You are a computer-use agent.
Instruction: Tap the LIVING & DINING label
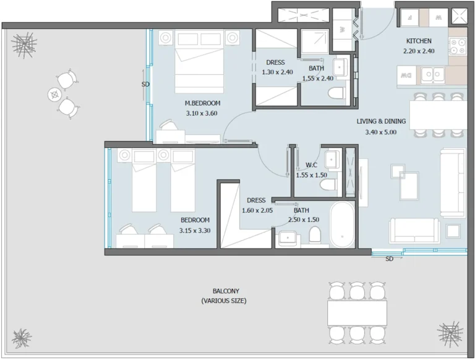pyautogui.click(x=381, y=122)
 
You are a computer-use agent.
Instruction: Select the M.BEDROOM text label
pyautogui.click(x=202, y=103)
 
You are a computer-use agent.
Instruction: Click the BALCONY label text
pyautogui.click(x=226, y=291)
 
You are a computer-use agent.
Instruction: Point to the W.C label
pyautogui.click(x=312, y=165)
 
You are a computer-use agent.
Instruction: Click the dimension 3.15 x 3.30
pyautogui.click(x=195, y=230)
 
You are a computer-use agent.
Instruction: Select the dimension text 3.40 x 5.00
pyautogui.click(x=381, y=132)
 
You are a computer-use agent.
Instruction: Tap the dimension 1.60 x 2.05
pyautogui.click(x=256, y=210)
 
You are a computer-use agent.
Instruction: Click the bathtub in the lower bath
pyautogui.click(x=342, y=225)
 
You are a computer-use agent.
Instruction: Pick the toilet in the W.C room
pyautogui.click(x=328, y=184)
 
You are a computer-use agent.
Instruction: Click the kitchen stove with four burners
pyautogui.click(x=458, y=46)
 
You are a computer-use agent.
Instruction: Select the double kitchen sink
pyautogui.click(x=432, y=75)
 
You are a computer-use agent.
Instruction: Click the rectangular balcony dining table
pyautogui.click(x=357, y=312)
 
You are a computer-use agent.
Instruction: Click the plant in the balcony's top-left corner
pyautogui.click(x=24, y=45)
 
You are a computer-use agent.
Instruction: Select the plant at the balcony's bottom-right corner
pyautogui.click(x=450, y=333)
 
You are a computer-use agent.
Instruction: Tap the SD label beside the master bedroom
pyautogui.click(x=145, y=84)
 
